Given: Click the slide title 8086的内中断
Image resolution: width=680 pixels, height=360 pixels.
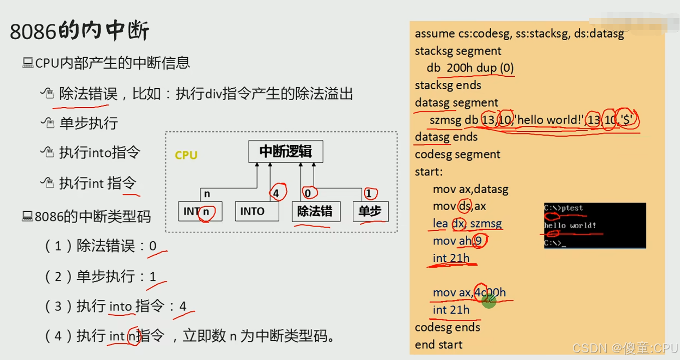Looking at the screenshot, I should click(x=80, y=32).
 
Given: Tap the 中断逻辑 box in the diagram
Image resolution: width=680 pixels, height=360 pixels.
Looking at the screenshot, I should click(x=286, y=152).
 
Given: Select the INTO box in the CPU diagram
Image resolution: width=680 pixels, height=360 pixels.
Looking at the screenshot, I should click(x=257, y=212).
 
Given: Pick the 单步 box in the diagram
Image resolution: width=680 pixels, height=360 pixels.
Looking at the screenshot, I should click(x=370, y=212).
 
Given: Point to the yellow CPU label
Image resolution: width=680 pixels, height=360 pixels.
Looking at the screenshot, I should click(x=186, y=155).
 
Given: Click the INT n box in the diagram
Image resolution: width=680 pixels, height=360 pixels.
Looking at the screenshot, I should click(x=200, y=212).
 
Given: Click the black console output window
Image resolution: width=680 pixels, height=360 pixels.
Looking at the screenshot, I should click(x=595, y=225).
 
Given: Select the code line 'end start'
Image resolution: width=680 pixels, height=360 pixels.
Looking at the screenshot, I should click(x=438, y=344).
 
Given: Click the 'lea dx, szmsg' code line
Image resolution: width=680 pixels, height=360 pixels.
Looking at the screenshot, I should click(x=467, y=224).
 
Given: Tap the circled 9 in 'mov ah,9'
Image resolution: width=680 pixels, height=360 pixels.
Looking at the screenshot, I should click(x=479, y=241).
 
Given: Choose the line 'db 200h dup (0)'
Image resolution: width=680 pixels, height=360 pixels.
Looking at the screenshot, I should click(x=470, y=68).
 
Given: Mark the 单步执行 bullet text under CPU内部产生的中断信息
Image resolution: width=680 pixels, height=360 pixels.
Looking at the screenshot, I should click(x=89, y=123).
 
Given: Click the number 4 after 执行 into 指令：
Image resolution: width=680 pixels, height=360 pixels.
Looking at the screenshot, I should click(x=183, y=306).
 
